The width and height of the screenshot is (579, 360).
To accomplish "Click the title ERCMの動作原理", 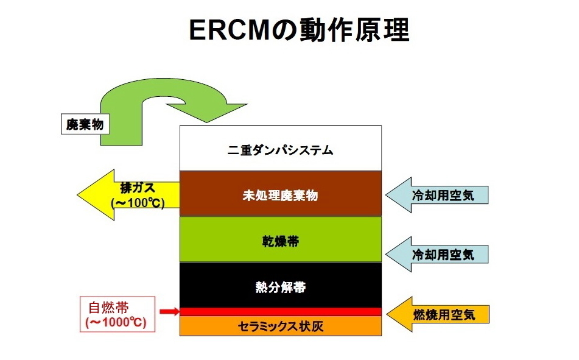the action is [x=299, y=30].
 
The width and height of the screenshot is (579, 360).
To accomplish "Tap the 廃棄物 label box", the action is [x=85, y=124].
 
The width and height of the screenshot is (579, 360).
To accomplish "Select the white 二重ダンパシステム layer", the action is [x=281, y=148].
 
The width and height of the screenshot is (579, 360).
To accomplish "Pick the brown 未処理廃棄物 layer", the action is [x=281, y=193].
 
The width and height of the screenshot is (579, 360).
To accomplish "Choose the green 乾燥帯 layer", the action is [x=281, y=239].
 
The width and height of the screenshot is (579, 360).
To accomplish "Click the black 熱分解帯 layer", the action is [x=281, y=285].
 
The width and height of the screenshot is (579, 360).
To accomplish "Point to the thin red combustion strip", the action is [x=281, y=312].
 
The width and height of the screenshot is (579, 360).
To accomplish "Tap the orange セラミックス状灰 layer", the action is [x=281, y=326].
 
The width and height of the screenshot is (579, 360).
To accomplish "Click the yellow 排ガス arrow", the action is [x=128, y=195].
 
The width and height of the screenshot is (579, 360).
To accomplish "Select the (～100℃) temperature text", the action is [x=138, y=203].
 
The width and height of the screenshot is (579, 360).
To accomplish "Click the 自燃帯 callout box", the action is [x=118, y=314].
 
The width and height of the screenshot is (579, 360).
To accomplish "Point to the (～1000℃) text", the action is [x=116, y=322].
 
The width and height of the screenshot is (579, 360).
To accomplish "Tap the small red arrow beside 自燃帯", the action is [x=169, y=312].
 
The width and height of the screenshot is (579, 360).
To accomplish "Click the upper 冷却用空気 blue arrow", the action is [x=437, y=195].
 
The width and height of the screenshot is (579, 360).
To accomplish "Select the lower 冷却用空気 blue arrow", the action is [x=437, y=254].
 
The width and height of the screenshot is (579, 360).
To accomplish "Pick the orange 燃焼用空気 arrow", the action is [x=438, y=314].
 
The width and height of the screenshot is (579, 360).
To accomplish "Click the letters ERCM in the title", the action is [x=229, y=30].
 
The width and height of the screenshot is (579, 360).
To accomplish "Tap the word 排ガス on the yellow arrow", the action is [x=138, y=188].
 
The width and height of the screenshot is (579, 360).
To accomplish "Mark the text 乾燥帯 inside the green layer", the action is [x=281, y=241].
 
